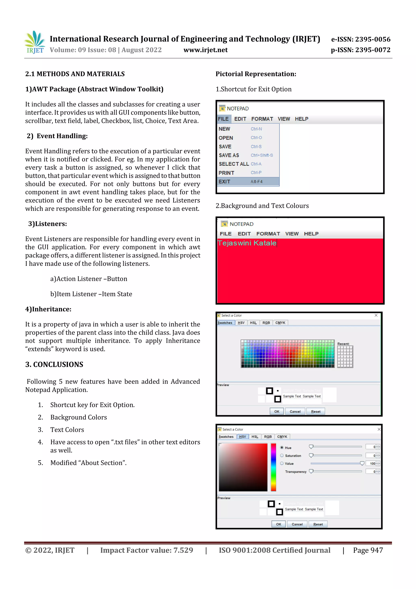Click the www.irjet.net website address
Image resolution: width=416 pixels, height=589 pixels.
205,50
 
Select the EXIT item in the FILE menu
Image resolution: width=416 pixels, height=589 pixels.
224,182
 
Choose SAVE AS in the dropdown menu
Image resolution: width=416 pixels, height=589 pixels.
229,155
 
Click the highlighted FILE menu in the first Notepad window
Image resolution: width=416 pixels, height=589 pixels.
223,119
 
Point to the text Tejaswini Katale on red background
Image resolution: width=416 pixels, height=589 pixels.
247,243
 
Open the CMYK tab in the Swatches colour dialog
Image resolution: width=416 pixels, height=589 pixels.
280,323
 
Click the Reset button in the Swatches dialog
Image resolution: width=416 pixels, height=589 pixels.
315,412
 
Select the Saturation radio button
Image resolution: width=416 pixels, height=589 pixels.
282,456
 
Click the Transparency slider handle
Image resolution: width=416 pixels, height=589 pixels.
311,471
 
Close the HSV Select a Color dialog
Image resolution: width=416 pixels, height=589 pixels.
379,429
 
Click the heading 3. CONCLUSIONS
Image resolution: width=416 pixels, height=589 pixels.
54,365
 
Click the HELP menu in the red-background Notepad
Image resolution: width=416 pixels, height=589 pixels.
311,234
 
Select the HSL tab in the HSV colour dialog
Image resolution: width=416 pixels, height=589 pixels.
255,437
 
